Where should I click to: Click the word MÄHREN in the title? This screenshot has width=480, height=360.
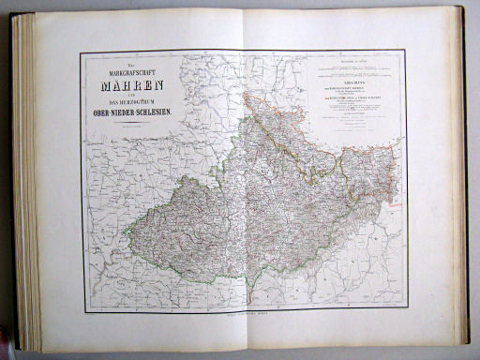pos(130,93)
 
